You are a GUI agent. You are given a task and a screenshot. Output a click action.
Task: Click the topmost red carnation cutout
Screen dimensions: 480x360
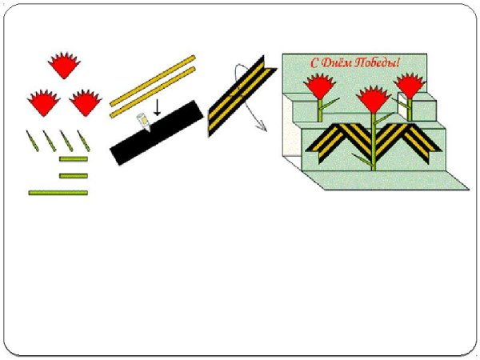[64, 66]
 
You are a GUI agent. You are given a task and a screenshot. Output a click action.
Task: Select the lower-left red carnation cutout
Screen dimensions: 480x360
[43, 103]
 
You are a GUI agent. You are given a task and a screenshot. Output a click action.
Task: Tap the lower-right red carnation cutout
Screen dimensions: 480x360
[86, 103]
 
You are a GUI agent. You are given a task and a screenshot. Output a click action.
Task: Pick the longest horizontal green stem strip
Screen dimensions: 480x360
[58, 193]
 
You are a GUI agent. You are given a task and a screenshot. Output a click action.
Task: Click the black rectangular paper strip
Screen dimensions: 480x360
[157, 133]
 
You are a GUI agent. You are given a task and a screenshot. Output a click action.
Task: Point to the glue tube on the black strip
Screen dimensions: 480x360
[143, 122]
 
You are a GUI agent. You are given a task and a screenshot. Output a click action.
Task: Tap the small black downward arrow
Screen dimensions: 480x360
[157, 107]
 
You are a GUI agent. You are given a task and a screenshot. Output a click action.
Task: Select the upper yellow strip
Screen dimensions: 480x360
[153, 81]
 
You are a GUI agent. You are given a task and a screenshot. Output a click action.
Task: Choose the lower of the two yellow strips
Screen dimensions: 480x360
[153, 93]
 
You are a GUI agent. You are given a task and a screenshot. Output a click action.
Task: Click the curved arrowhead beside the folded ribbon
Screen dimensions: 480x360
[262, 126]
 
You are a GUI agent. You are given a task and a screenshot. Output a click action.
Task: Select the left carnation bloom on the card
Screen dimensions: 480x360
[318, 86]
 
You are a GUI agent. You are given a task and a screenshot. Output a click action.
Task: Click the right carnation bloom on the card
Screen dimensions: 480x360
[410, 86]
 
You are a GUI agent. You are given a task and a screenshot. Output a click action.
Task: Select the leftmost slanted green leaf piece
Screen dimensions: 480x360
[33, 141]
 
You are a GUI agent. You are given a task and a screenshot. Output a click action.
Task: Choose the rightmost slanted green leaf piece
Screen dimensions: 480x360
[83, 141]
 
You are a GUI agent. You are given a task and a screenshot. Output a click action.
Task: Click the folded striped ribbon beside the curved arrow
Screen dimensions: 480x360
[242, 96]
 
